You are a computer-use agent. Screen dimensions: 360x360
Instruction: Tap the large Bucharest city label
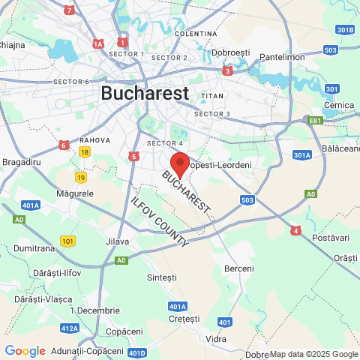pos(144,93)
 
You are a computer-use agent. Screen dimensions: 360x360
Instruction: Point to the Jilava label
pos(118,241)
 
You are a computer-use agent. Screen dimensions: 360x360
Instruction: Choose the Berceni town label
pos(239,268)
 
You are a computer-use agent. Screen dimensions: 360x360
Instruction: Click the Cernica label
pos(338,105)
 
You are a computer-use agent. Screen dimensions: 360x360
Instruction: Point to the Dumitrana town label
pos(34,247)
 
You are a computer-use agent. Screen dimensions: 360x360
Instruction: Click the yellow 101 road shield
pos(68,241)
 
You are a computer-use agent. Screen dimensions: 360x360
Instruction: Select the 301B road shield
pos(344,30)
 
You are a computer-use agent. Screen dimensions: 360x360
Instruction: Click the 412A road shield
pos(70,328)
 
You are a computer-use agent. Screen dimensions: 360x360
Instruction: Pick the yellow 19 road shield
pos(80,177)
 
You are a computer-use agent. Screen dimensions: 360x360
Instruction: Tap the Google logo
pos(25,351)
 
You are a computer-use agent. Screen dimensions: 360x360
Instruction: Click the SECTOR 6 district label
pos(70,82)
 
